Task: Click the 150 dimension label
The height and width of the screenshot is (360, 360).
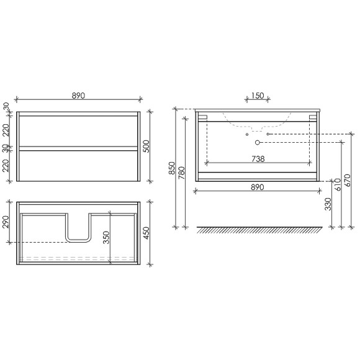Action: pyautogui.click(x=258, y=96)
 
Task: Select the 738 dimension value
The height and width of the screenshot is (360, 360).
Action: pyautogui.click(x=258, y=159)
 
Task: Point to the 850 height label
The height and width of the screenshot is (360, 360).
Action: pyautogui.click(x=172, y=168)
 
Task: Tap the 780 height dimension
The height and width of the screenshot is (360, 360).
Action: pyautogui.click(x=181, y=173)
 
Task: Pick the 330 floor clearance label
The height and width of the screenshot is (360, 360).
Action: pyautogui.click(x=328, y=204)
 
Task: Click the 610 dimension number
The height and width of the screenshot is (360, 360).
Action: pyautogui.click(x=338, y=184)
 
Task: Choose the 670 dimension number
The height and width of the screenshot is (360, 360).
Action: pyautogui.click(x=348, y=180)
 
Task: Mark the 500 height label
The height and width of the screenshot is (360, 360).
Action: pyautogui.click(x=146, y=146)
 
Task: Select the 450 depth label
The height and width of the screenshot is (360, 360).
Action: pyautogui.click(x=146, y=233)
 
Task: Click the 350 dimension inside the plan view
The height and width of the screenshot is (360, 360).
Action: pyautogui.click(x=106, y=237)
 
